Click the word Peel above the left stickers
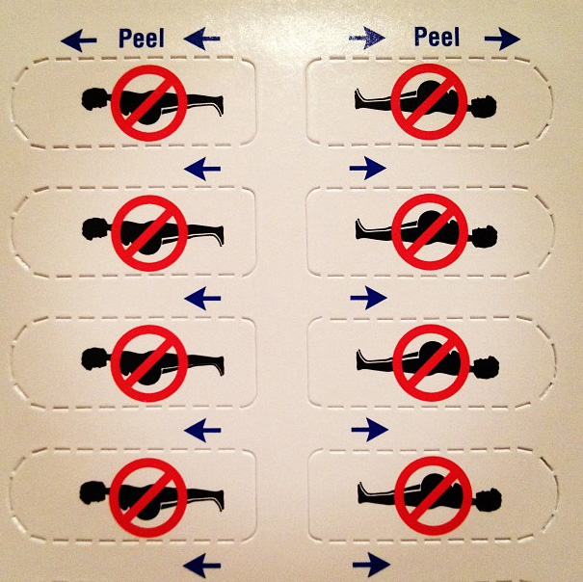point(142,38)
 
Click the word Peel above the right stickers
point(437,37)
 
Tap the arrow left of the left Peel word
point(79,40)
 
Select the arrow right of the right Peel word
point(502,39)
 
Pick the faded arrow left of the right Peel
point(367,38)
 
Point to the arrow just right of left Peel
point(202,39)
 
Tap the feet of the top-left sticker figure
point(218,105)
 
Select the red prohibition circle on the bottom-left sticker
point(148,497)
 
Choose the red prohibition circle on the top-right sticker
point(429,101)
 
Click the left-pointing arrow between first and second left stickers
point(202,169)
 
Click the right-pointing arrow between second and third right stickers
point(368,298)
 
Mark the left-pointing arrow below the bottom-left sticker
point(202,566)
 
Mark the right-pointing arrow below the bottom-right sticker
point(371,565)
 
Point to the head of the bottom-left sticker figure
point(94,492)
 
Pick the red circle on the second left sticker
point(149,233)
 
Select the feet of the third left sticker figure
point(218,365)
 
